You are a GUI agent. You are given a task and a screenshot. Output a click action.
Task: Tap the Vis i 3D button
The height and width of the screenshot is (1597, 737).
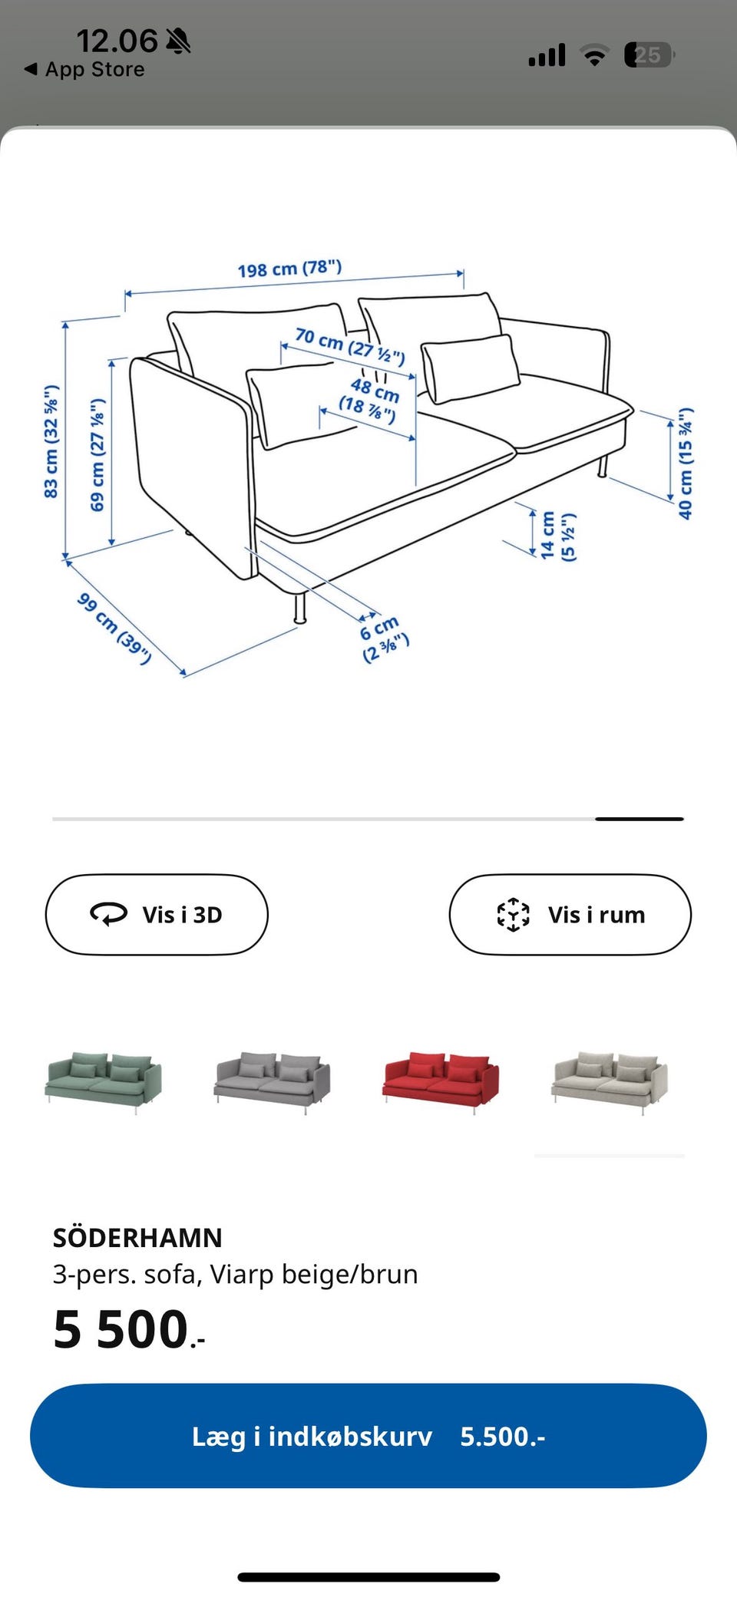[157, 914]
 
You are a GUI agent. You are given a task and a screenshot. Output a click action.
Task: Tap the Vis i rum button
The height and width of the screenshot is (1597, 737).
[570, 914]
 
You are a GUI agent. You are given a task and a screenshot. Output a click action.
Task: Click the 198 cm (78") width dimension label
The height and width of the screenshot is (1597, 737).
[289, 269]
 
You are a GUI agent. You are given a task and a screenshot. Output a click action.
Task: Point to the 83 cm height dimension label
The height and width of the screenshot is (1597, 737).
[51, 441]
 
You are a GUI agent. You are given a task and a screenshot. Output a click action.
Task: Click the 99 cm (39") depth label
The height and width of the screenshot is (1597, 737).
[114, 628]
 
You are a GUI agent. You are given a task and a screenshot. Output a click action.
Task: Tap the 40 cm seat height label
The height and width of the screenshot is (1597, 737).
[686, 463]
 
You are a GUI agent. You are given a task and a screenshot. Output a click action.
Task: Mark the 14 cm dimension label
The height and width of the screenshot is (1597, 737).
[557, 536]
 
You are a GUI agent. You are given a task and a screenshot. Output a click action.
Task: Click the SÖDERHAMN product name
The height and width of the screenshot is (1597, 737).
[137, 1237]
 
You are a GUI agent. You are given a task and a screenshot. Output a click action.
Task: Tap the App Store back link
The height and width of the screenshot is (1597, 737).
[84, 69]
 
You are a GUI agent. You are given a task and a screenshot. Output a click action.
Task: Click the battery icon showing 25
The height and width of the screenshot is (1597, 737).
[649, 54]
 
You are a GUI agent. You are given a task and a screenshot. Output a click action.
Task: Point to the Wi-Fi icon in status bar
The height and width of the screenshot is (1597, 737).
[594, 54]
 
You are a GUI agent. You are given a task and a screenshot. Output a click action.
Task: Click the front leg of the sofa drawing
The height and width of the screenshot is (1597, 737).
[299, 607]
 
